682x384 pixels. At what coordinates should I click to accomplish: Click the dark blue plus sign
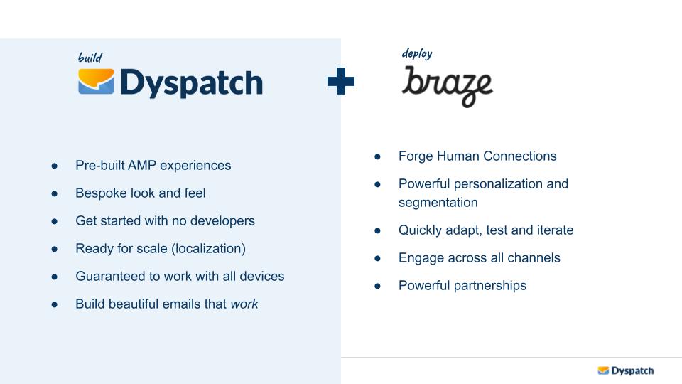[x=341, y=82]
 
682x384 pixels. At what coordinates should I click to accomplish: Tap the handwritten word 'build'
[x=90, y=58]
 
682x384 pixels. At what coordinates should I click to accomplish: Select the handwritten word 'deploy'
[x=417, y=54]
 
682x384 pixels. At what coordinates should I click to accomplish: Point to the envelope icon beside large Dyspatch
[x=96, y=82]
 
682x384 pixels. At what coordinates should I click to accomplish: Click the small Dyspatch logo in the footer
[x=625, y=370]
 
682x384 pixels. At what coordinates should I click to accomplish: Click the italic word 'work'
[x=244, y=304]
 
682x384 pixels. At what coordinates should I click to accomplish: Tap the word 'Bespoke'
[x=100, y=193]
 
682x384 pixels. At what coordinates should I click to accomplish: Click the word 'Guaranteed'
[x=110, y=277]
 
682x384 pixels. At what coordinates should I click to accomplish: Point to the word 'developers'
[x=222, y=221]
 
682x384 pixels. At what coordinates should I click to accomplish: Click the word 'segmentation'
[x=438, y=203]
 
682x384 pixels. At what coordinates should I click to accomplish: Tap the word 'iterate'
[x=552, y=230]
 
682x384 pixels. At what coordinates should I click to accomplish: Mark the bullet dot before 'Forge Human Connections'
[x=378, y=156]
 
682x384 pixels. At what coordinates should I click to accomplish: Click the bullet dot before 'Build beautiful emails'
[x=55, y=304]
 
